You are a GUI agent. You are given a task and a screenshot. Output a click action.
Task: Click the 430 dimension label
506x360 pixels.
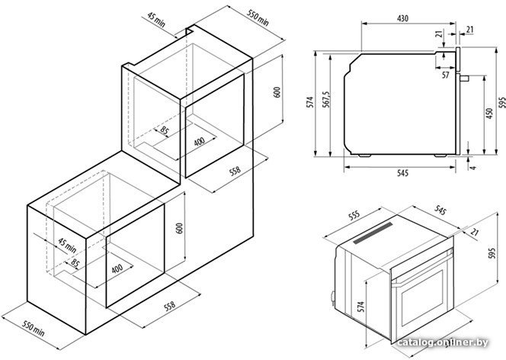(402, 18)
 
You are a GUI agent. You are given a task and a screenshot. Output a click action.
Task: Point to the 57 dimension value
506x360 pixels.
(445, 76)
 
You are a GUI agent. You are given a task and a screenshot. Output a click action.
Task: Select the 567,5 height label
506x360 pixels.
(326, 99)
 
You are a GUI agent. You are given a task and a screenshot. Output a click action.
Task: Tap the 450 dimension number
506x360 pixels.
(489, 114)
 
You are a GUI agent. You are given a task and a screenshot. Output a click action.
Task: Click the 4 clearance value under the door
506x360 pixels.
(473, 168)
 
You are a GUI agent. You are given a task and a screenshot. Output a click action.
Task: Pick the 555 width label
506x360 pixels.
(354, 216)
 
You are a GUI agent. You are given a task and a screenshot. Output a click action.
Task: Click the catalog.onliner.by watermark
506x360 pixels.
(443, 342)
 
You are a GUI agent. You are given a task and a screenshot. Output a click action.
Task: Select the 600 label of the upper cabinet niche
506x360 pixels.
(277, 92)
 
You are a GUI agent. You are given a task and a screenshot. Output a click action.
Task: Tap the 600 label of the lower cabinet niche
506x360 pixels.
(179, 228)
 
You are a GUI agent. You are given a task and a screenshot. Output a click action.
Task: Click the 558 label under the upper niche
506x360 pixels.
(235, 171)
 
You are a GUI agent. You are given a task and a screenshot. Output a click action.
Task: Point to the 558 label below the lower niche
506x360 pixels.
(169, 306)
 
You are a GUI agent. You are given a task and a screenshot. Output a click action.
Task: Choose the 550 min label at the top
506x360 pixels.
(258, 18)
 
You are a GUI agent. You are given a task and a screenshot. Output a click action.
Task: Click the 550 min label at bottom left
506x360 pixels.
(34, 329)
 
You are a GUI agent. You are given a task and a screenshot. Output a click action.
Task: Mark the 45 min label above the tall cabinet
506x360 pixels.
(156, 19)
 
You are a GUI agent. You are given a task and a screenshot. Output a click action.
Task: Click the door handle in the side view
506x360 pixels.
(464, 78)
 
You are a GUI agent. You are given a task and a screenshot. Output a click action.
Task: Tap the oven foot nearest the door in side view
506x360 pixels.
(440, 156)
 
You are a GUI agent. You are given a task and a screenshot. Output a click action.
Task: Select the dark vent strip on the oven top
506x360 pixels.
(373, 233)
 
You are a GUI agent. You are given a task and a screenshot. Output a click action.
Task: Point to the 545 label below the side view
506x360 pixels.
(402, 173)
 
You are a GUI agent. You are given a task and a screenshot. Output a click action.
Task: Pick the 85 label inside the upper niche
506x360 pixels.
(165, 131)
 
